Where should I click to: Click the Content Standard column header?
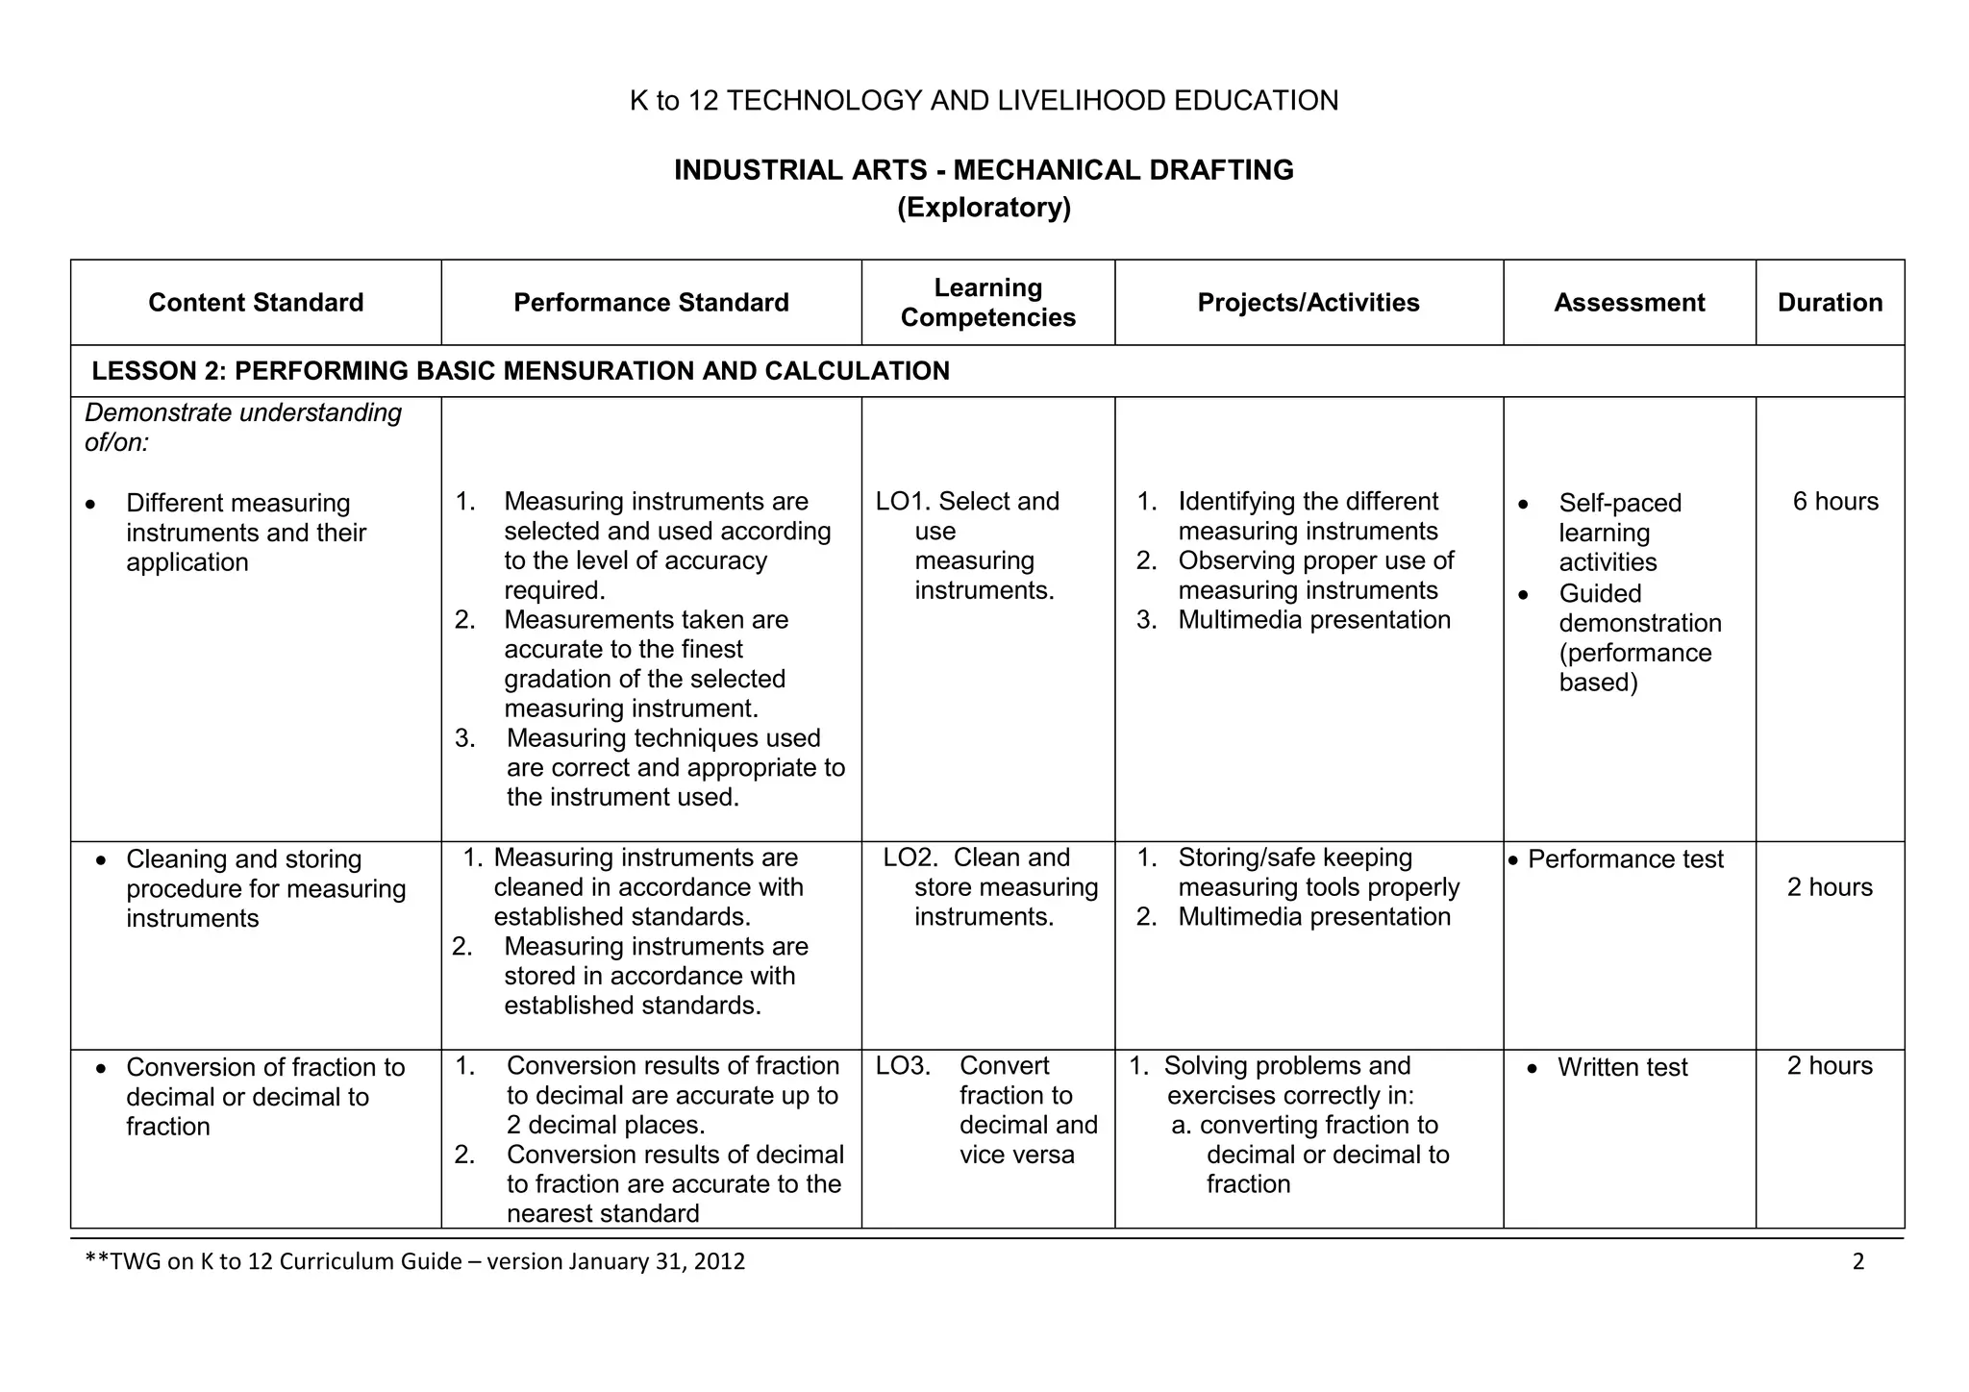tap(256, 303)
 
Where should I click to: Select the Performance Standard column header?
tap(651, 303)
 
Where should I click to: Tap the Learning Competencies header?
tap(987, 303)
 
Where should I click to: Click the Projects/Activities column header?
tap(1308, 303)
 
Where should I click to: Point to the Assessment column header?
tap(1629, 303)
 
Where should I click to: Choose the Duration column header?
tap(1830, 303)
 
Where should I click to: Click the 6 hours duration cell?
tap(1834, 502)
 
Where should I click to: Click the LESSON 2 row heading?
tap(520, 371)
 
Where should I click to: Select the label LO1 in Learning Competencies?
tap(901, 502)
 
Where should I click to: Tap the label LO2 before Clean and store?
tap(910, 858)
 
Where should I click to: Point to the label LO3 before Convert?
tap(902, 1066)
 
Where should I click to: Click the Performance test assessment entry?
tap(1625, 859)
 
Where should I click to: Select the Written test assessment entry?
tap(1622, 1068)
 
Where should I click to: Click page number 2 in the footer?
tap(1857, 1262)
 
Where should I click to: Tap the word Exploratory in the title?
tap(984, 208)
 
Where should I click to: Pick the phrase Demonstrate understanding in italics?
tap(243, 413)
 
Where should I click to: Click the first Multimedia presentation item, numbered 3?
tap(1313, 620)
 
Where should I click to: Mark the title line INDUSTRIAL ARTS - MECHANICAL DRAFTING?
tap(984, 170)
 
